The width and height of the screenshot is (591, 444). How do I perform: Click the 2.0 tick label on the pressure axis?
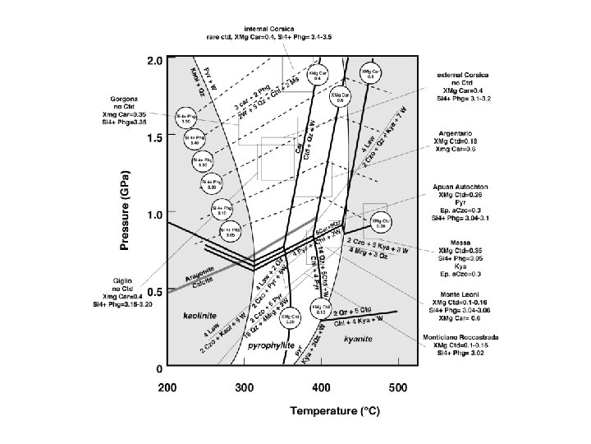tap(153, 61)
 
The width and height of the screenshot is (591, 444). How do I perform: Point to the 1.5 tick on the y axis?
tap(153, 138)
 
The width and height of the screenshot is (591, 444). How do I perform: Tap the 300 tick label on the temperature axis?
tap(244, 386)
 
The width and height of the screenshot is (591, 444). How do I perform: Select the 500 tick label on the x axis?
tap(398, 386)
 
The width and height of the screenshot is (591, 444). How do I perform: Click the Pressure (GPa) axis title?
tap(124, 213)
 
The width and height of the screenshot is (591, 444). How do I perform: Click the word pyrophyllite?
tap(271, 348)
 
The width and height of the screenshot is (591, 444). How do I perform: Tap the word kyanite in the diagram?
tap(358, 338)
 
